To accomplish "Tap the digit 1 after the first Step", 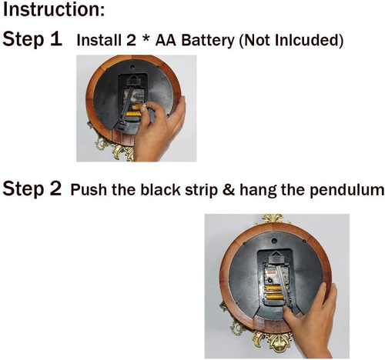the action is [57, 39].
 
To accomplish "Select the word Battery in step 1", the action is [208, 41].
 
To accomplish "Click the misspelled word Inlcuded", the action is [307, 40].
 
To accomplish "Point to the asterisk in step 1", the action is [146, 38].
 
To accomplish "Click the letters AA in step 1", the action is [166, 40].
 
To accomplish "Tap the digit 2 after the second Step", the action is [55, 188].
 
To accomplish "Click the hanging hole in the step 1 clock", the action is [132, 67].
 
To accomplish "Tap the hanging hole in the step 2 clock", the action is [274, 241].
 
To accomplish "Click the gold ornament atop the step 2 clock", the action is [272, 219].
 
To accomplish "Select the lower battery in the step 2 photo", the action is [276, 298].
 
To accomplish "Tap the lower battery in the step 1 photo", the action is [133, 114].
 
